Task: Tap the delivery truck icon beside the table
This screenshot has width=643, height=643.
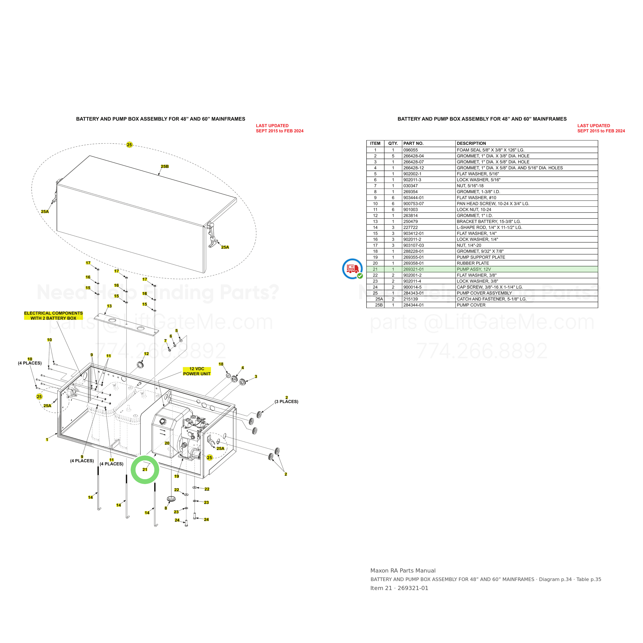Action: [x=352, y=269]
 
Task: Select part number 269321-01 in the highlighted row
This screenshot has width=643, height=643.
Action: [x=413, y=269]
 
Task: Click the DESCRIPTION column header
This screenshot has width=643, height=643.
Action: [x=471, y=144]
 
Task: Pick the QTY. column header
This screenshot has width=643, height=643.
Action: [x=393, y=144]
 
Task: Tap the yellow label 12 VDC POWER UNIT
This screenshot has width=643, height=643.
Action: [x=197, y=371]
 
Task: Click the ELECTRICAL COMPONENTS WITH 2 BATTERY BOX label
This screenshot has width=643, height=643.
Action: [x=53, y=316]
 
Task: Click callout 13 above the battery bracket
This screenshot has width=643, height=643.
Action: [x=109, y=306]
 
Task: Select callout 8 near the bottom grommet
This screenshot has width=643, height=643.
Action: [x=166, y=508]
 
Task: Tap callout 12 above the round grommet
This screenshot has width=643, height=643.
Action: [x=146, y=353]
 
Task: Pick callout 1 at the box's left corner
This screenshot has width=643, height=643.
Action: [x=47, y=440]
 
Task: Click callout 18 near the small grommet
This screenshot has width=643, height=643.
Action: [x=221, y=364]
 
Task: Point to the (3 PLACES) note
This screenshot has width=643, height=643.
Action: [x=286, y=402]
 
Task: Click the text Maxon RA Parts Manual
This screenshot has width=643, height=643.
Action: [x=403, y=570]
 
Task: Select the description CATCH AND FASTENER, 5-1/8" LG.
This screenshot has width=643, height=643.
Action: [x=492, y=299]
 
